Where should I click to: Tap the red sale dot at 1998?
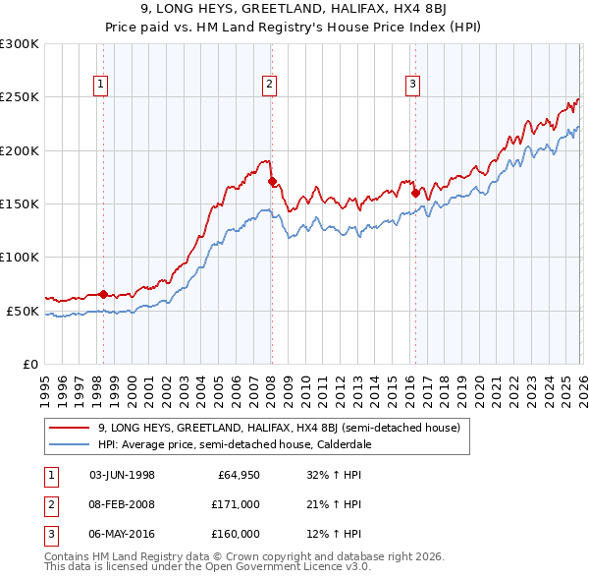103,294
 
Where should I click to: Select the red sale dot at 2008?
272,181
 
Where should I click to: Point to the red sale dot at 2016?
415,193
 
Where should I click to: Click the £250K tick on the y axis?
20,97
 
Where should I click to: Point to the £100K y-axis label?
20,257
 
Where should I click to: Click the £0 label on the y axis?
29,364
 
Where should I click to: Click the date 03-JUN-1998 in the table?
122,475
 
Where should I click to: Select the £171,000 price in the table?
236,504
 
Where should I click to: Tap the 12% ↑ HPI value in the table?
334,534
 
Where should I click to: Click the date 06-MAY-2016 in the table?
122,534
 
